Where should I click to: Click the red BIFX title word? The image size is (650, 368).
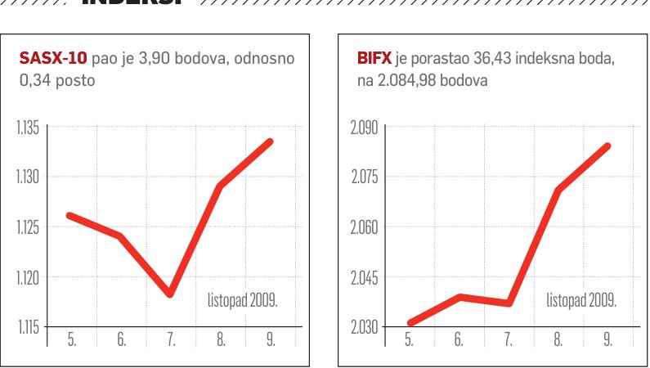pyautogui.click(x=374, y=60)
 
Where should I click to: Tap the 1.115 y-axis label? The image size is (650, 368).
pyautogui.click(x=29, y=327)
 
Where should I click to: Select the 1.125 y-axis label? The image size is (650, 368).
pyautogui.click(x=29, y=227)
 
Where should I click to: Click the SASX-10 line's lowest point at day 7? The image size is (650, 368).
pyautogui.click(x=170, y=294)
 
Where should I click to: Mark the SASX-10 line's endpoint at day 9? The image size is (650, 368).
pyautogui.click(x=270, y=142)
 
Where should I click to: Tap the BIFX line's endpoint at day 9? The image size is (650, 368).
pyautogui.click(x=607, y=146)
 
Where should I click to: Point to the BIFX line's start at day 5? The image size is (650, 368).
pyautogui.click(x=409, y=324)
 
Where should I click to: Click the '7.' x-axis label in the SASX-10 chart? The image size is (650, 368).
pyautogui.click(x=171, y=340)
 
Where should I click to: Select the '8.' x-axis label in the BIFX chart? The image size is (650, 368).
pyautogui.click(x=558, y=340)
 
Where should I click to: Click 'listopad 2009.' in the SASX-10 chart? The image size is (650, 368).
pyautogui.click(x=243, y=301)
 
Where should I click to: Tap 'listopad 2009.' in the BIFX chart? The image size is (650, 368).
pyautogui.click(x=581, y=301)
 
